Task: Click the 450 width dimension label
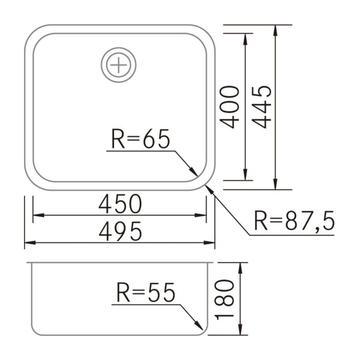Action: [120, 205]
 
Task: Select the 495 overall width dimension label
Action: [120, 232]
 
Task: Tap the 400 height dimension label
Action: [230, 107]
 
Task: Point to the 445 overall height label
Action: [262, 107]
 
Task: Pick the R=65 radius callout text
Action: [140, 139]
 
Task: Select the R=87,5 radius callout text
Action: [294, 222]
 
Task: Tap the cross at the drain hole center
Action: [119, 65]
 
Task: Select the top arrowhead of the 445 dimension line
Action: [276, 29]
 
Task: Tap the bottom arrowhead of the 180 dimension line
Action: [240, 331]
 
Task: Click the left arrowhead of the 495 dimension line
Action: [29, 242]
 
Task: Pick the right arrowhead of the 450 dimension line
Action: [202, 215]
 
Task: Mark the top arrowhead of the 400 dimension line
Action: [244, 38]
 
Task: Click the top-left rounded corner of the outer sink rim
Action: [32, 32]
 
